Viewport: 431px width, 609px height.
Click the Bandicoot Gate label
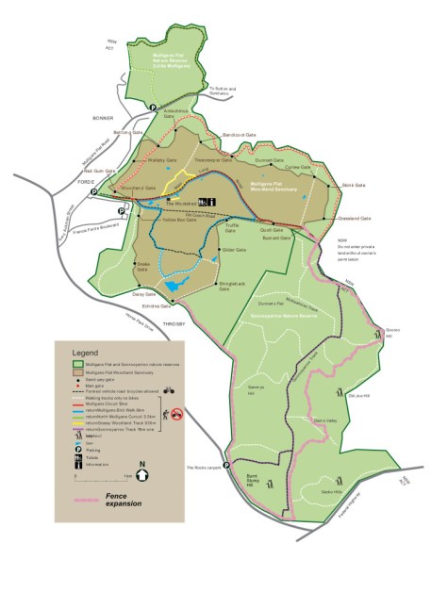point(240,135)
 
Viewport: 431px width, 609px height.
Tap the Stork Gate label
point(353,185)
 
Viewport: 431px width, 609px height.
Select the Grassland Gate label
point(354,219)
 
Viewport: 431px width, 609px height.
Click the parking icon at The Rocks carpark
point(227,473)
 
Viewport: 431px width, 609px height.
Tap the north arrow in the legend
point(141,469)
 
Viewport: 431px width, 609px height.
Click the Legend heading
point(79,351)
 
